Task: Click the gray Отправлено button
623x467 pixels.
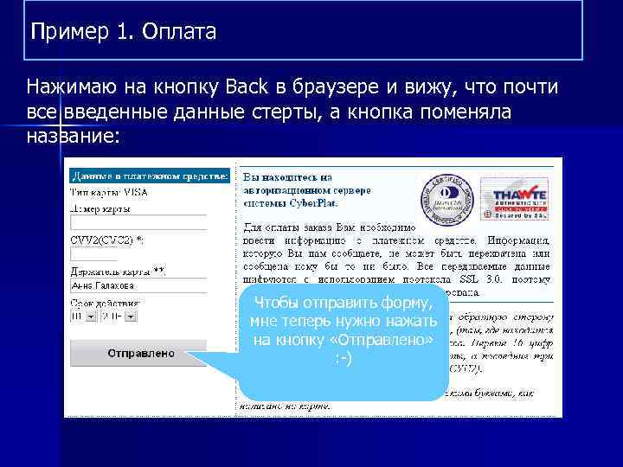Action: [x=141, y=353]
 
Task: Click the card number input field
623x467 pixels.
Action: [x=138, y=222]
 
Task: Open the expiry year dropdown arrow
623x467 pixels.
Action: [x=131, y=317]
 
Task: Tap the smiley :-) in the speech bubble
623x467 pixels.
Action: [x=344, y=358]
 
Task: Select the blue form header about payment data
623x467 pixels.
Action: [x=149, y=176]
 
